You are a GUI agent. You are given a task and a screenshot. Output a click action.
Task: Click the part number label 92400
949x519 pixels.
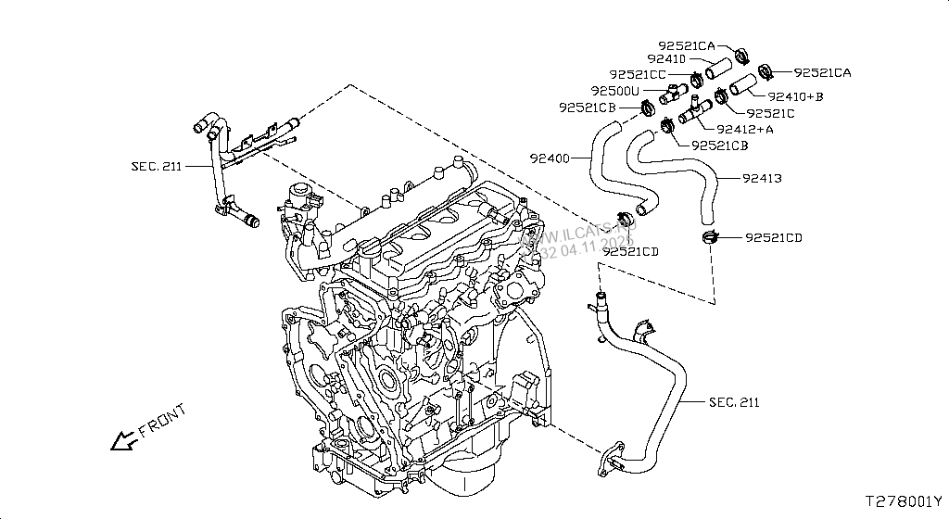[551, 158]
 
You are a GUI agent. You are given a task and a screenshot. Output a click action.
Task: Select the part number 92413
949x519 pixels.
[763, 177]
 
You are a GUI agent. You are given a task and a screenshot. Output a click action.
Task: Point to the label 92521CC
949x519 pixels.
[638, 74]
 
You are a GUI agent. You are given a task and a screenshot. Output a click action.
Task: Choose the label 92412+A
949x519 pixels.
[745, 130]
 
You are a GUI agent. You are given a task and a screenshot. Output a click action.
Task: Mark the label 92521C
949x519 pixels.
[769, 113]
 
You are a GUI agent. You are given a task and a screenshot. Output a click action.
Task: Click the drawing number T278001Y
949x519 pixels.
[905, 501]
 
